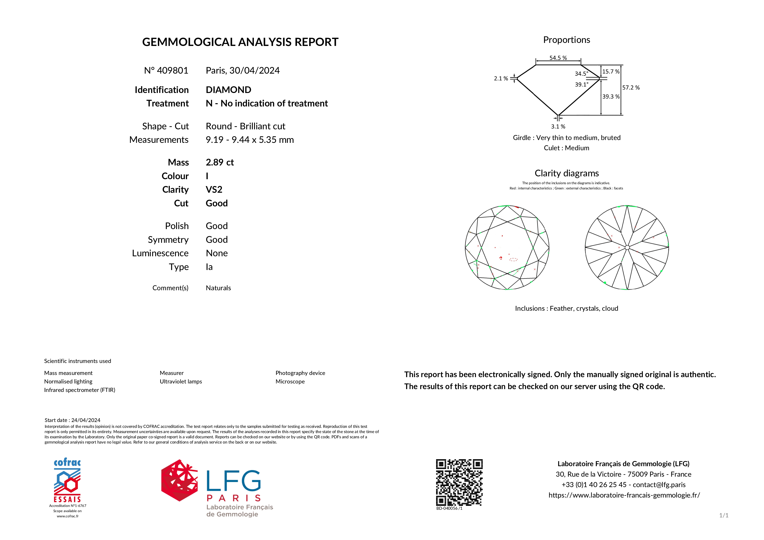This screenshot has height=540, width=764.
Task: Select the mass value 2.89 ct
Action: (220, 162)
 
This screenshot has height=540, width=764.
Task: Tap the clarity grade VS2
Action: (214, 190)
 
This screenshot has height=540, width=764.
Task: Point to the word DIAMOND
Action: (228, 90)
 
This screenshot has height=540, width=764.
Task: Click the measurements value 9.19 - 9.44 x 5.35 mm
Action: (250, 140)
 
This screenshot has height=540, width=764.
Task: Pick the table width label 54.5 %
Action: (558, 58)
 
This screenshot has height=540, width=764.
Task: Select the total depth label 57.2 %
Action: (631, 88)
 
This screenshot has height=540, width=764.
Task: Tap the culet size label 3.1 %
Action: (558, 127)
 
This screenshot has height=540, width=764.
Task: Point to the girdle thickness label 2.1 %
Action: (501, 79)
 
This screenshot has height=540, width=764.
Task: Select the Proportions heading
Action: (566, 40)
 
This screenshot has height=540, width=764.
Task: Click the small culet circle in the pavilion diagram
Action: (627, 248)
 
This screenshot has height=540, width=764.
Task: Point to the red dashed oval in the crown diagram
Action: (513, 260)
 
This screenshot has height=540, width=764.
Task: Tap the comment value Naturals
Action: (218, 288)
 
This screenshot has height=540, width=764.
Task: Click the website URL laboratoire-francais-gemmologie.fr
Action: (624, 495)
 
